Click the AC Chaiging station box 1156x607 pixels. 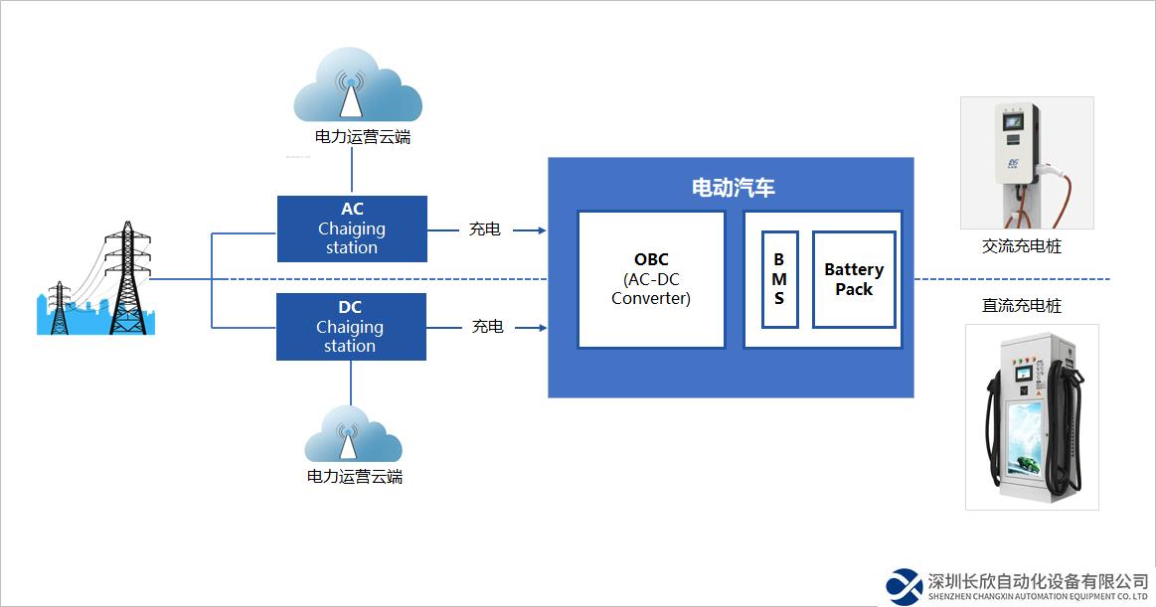coord(352,228)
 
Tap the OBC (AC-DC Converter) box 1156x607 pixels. coord(651,279)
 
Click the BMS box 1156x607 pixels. coord(779,279)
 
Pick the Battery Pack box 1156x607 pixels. coord(854,279)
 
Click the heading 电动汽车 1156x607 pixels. coord(733,188)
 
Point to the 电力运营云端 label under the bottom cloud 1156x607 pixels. coord(355,477)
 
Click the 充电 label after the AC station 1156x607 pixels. coord(485,229)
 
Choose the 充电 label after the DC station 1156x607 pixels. coord(487,327)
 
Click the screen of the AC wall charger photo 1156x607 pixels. coord(1012,120)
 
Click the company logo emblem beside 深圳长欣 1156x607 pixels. coord(905,585)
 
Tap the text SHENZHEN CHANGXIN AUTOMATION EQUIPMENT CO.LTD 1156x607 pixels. coord(1038,598)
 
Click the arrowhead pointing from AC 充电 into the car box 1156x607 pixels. coord(542,229)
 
